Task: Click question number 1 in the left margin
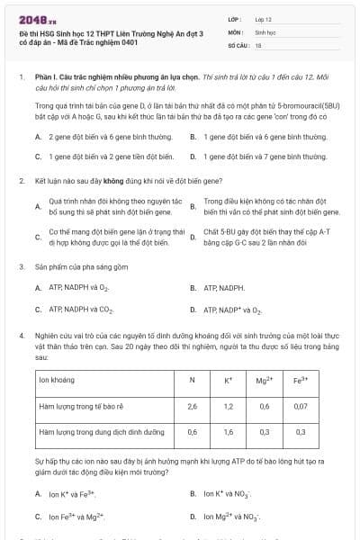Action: click(x=21, y=78)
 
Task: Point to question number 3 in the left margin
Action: click(x=21, y=267)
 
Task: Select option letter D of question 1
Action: click(x=193, y=156)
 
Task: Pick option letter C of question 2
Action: click(x=38, y=237)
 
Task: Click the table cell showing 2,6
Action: click(x=192, y=406)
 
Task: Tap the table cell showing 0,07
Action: click(x=301, y=406)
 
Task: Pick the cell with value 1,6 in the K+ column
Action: click(x=228, y=432)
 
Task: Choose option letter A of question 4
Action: click(x=38, y=494)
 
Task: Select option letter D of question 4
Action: click(x=193, y=517)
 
